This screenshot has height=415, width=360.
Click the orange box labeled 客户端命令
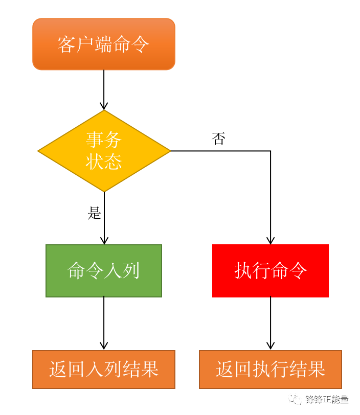coord(104,44)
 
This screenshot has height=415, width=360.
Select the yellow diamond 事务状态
coord(104,151)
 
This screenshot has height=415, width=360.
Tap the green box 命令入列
coord(104,271)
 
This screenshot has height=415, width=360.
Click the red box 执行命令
coord(271,271)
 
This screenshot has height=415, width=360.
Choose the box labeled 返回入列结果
coord(104,370)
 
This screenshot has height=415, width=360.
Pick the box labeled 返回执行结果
coord(271,370)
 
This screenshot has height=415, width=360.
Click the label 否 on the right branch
coord(218,139)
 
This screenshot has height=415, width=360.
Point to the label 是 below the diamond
coord(95,213)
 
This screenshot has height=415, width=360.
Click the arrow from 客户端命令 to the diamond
coord(104,89)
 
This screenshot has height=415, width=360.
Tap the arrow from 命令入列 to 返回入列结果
coord(104,323)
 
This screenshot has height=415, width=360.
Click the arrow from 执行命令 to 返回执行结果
coord(271,323)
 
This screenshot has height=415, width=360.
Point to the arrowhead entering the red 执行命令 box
coord(271,240)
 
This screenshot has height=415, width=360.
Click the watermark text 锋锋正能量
coord(326,399)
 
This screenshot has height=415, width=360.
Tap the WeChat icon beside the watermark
coord(295,399)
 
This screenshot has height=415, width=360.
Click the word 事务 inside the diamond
coord(104,139)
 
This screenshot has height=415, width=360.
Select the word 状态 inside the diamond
coord(104,162)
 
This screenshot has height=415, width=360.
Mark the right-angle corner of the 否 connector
coord(271,151)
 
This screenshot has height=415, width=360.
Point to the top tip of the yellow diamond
coord(104,111)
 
